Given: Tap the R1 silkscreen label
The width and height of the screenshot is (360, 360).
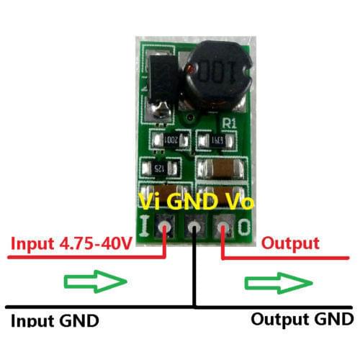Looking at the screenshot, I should click(x=230, y=123).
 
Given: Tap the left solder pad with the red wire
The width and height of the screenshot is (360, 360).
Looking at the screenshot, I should click(x=166, y=229).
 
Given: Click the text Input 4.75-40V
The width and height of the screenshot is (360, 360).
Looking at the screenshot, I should click(x=71, y=245).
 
